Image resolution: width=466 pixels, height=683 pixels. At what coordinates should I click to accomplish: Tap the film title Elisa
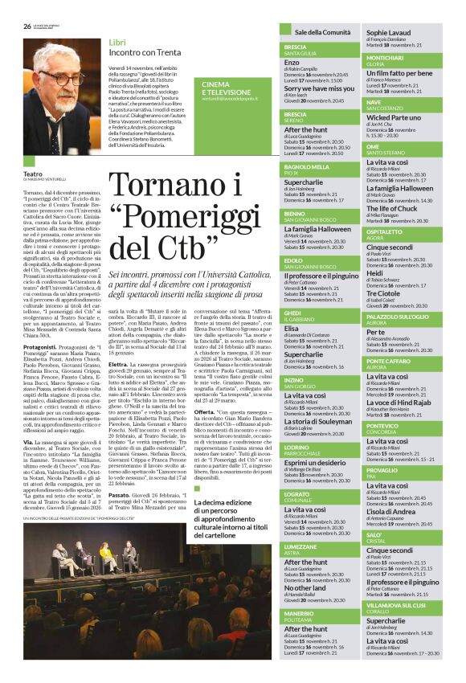pyautogui.click(x=292, y=327)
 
